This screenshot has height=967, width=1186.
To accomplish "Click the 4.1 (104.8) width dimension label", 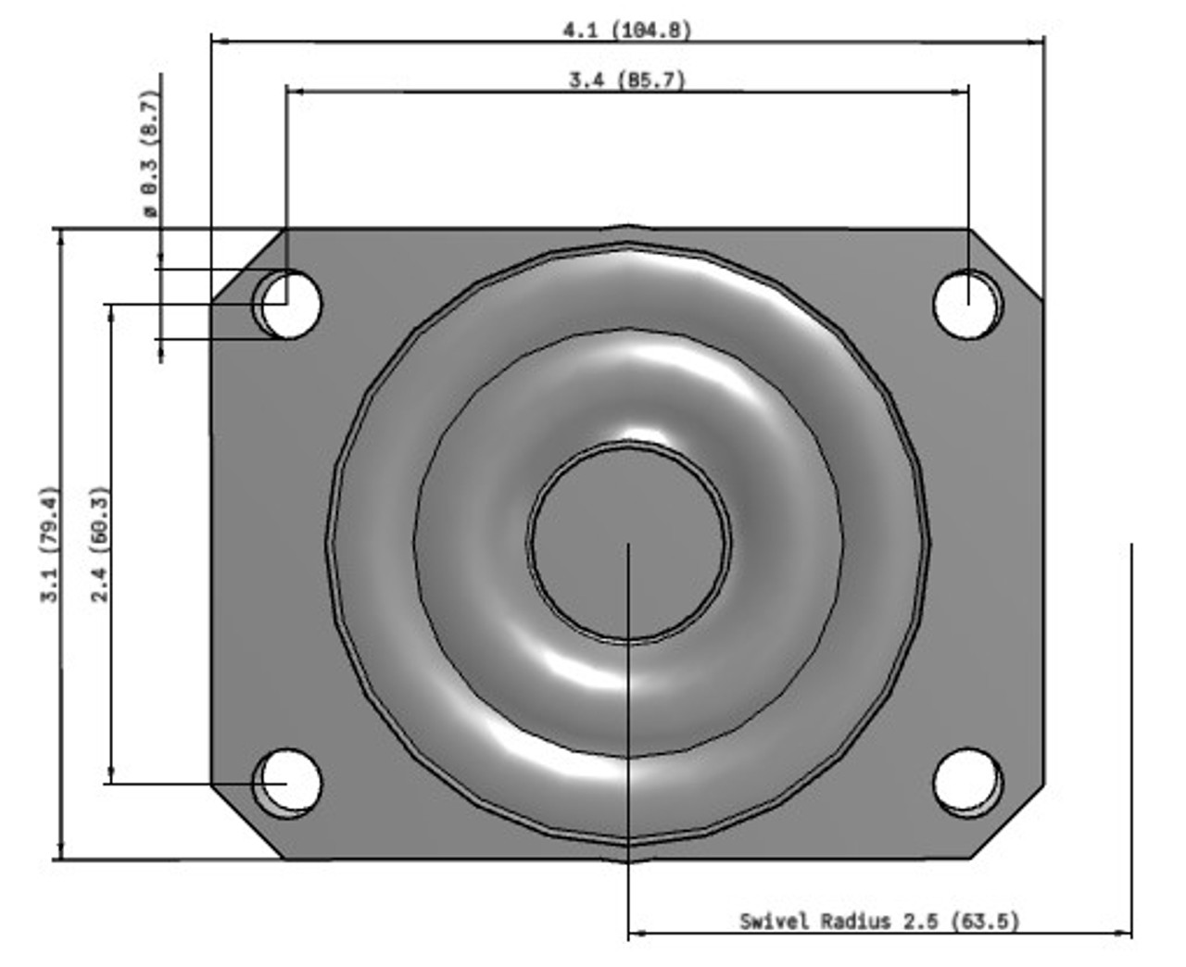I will coord(627,30).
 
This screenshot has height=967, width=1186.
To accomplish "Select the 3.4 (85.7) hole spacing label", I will coord(627,80).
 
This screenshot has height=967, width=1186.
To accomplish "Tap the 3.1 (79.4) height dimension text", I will coord(50,545).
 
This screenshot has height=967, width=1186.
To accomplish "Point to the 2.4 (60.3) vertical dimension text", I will coord(100,545).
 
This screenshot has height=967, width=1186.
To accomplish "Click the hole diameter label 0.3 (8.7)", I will coord(150,153).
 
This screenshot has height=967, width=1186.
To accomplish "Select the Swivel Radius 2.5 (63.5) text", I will coord(878,921).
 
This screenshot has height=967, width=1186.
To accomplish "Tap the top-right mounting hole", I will coord(967,304).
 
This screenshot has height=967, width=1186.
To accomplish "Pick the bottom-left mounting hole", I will coord(288,783).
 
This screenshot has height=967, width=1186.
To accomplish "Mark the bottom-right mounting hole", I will coord(967,783).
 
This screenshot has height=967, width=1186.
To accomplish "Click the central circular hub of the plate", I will coord(629,542).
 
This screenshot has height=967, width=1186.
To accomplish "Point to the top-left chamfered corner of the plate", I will coord(246,265).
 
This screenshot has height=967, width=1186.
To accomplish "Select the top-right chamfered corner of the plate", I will coord(1007,264).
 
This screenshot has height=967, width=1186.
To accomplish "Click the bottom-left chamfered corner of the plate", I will coord(246,823).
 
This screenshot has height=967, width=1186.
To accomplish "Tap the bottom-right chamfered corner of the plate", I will coord(1008,823).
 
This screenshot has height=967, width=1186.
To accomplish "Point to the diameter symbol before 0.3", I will coord(150,211).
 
